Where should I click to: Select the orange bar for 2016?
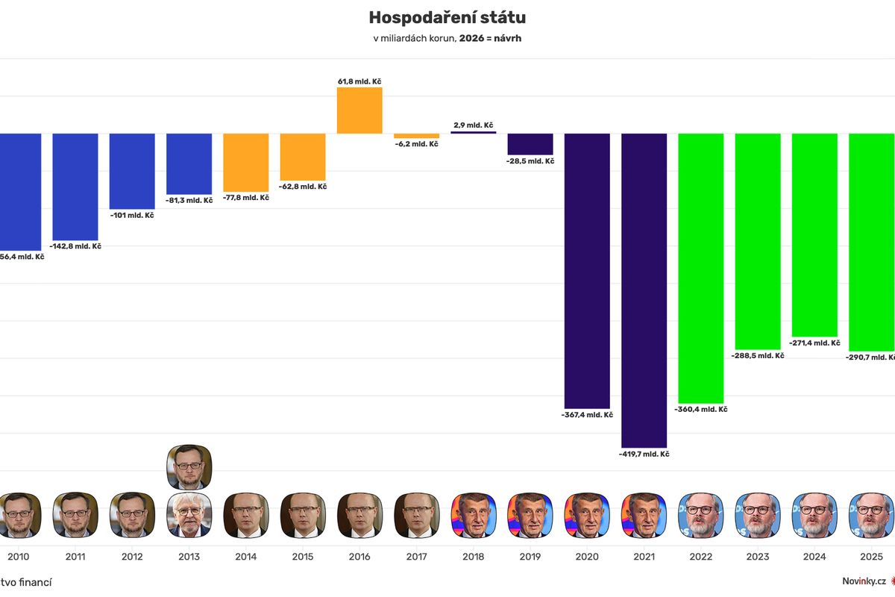click(359, 110)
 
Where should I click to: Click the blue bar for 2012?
click(132, 171)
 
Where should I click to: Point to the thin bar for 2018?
click(473, 132)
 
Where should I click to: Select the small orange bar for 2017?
click(416, 136)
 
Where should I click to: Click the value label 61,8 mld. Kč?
click(359, 81)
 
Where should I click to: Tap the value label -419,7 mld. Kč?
click(644, 454)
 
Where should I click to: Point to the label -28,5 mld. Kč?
click(530, 160)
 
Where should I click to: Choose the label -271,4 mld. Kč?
click(814, 343)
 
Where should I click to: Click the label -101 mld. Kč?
click(133, 216)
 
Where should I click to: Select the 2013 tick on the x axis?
click(189, 557)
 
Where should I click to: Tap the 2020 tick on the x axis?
click(587, 557)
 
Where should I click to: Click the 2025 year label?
click(871, 557)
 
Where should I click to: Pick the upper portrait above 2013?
click(189, 466)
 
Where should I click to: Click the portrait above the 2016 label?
click(359, 515)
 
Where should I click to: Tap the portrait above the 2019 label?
click(530, 515)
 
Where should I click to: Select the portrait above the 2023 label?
click(758, 515)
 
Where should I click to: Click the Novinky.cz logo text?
click(864, 581)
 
